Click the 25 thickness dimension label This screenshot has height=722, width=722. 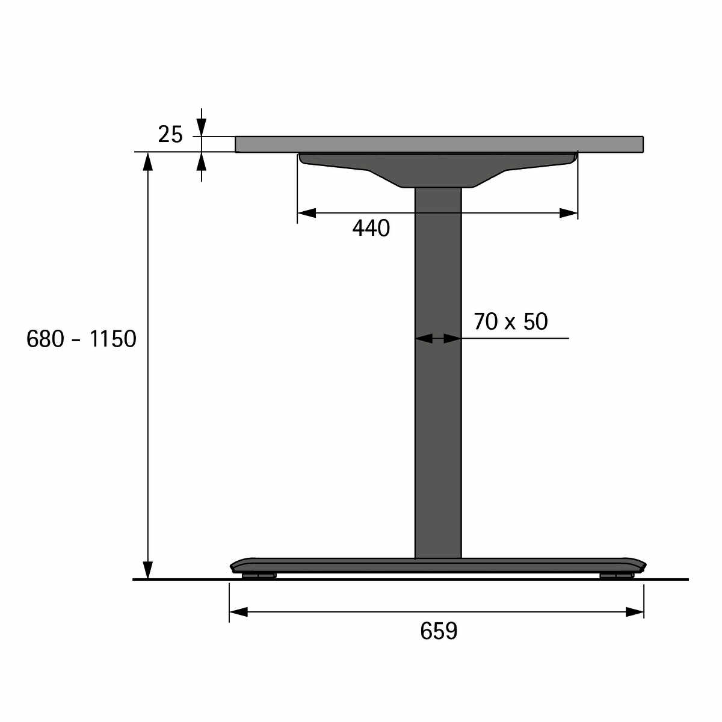[170, 135]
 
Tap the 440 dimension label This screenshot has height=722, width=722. [371, 228]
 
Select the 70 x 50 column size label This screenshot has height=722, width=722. [511, 321]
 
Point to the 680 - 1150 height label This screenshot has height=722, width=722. [81, 339]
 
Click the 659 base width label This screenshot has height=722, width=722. [439, 631]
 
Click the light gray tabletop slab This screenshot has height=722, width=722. [439, 144]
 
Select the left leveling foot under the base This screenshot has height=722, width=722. [259, 576]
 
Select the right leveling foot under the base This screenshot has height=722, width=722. [617, 576]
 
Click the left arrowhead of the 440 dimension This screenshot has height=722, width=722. [306, 213]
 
